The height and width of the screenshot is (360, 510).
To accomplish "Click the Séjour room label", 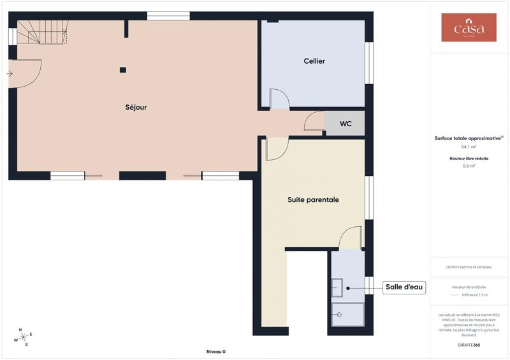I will pyautogui.click(x=136, y=107).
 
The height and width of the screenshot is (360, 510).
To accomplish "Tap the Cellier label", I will pyautogui.click(x=314, y=61).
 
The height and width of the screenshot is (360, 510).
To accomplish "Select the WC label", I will pyautogui.click(x=346, y=124).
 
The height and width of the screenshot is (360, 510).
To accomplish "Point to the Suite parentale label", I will pyautogui.click(x=313, y=199).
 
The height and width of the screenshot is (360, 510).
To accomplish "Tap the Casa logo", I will pyautogui.click(x=469, y=27).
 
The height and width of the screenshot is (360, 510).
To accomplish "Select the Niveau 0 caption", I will pyautogui.click(x=216, y=352).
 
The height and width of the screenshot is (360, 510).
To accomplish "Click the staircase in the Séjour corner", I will pyautogui.click(x=42, y=32).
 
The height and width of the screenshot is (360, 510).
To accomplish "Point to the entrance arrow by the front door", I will pyautogui.click(x=10, y=74).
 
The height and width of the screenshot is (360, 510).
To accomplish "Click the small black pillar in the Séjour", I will pyautogui.click(x=123, y=69).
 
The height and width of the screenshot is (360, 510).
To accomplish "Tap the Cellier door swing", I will pyautogui.click(x=279, y=99).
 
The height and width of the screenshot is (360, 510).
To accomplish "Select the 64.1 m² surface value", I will pyautogui.click(x=469, y=146).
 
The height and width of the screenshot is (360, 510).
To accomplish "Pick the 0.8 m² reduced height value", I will pyautogui.click(x=469, y=166).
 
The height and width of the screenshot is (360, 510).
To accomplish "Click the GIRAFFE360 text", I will pyautogui.click(x=469, y=345).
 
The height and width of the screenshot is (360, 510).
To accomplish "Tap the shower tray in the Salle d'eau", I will pyautogui.click(x=347, y=314).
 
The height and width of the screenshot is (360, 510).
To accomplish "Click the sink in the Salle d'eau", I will pyautogui.click(x=337, y=288).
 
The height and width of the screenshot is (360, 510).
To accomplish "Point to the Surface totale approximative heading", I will pyautogui.click(x=469, y=138).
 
